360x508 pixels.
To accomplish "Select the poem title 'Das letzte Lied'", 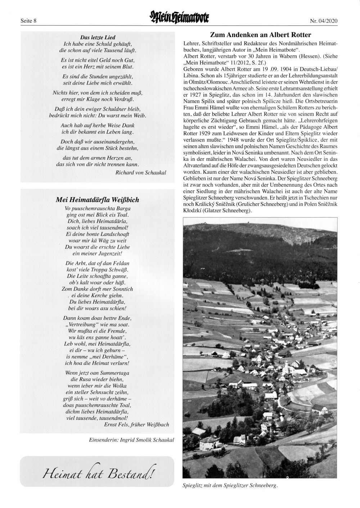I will (x=98, y=37).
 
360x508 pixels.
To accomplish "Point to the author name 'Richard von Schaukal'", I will (x=141, y=172).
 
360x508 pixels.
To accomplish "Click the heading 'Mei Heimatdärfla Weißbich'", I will (x=97, y=200).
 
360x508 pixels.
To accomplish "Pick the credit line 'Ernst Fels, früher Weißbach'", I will (x=136, y=425).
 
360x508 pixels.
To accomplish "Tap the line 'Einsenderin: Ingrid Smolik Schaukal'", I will (x=131, y=440).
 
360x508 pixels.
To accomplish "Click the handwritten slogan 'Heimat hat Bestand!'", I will (x=97, y=471).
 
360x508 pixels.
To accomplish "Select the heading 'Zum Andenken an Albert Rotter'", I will (x=260, y=35).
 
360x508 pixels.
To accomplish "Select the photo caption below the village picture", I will (x=230, y=486).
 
